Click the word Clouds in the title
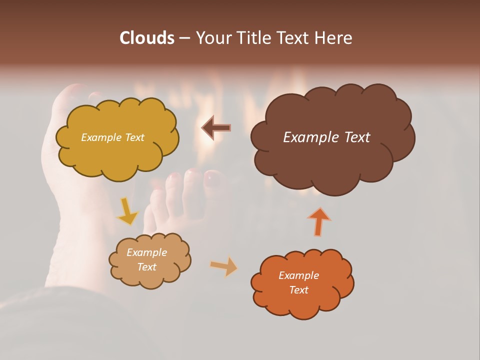(147, 38)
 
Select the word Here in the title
(333, 38)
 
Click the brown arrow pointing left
(216, 128)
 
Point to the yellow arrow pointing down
(127, 212)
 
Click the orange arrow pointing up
(319, 222)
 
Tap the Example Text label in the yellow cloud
(112, 137)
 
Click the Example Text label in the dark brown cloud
(326, 137)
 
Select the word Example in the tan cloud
(146, 252)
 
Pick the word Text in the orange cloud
(298, 290)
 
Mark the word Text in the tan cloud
(146, 267)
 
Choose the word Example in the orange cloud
(298, 275)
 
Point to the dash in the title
(184, 38)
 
